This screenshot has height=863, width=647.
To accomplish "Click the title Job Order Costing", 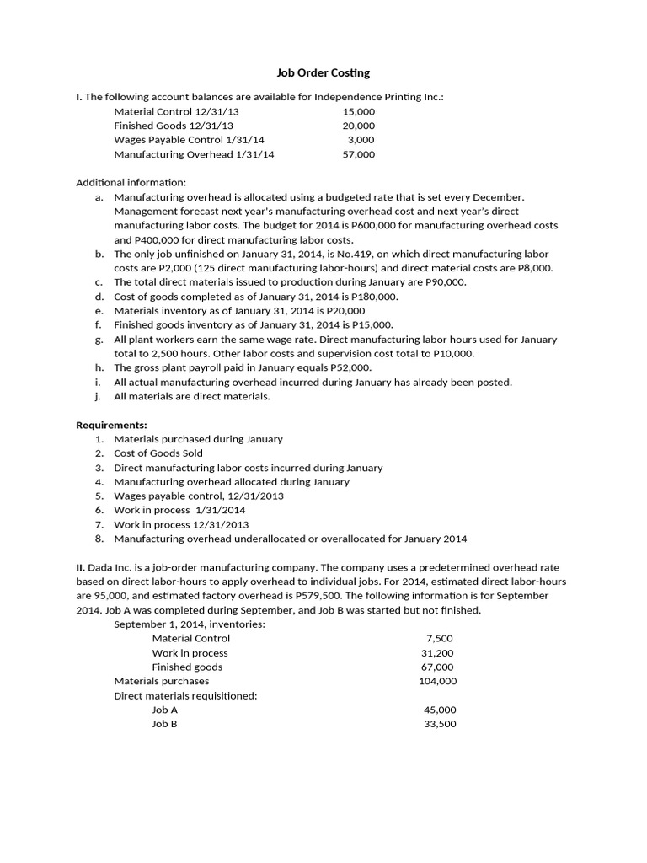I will [323, 73].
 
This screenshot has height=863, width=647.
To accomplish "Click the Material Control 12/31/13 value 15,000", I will [359, 111].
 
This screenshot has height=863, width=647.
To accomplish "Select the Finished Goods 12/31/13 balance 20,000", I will [359, 126].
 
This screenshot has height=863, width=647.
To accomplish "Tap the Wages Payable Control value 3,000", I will [361, 140].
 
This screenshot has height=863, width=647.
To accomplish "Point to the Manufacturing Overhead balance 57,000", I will [359, 154].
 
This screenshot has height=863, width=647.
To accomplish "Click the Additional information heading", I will [131, 183].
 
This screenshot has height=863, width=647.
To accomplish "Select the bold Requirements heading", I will [112, 425].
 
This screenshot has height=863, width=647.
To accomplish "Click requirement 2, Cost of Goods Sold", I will [158, 453].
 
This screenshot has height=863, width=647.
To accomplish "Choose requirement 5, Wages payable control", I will [199, 496].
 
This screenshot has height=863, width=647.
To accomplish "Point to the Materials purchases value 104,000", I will [437, 681].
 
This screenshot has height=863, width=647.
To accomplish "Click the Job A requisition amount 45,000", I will [440, 710].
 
